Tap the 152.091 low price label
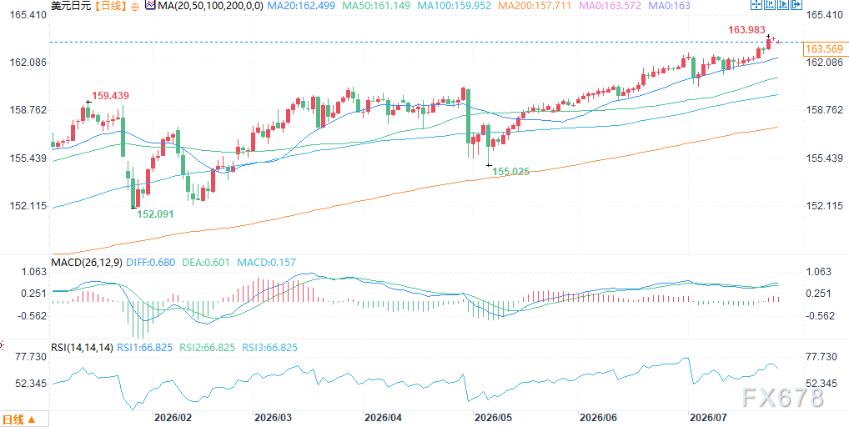155,213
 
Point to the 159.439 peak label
110,96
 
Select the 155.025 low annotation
510,172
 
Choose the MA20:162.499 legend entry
299,7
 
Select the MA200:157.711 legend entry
535,7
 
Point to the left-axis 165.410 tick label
27,15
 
